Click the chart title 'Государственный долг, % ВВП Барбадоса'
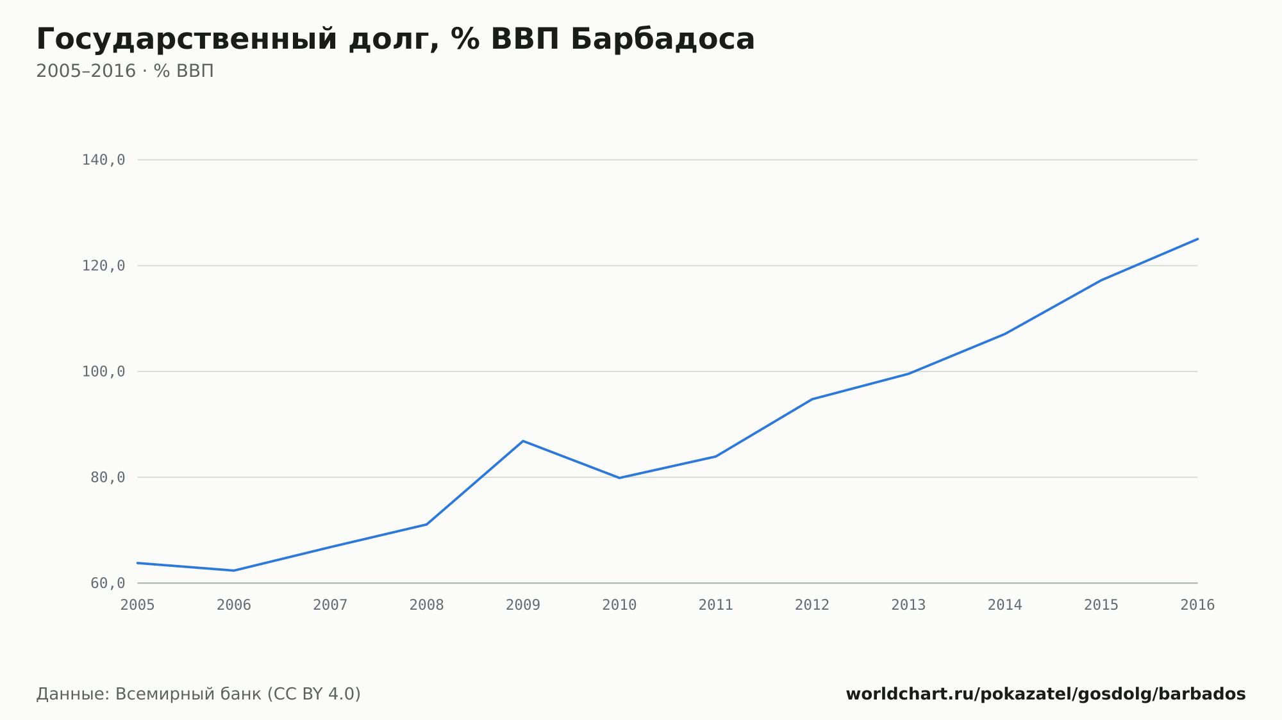pos(395,40)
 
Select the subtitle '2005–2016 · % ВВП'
pos(125,71)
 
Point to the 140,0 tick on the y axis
pos(103,160)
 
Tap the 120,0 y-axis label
pos(103,266)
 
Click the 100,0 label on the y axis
pos(103,372)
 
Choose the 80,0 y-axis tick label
pos(108,477)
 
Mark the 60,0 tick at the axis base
pos(108,583)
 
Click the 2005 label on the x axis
pos(138,605)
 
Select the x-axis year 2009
pos(523,605)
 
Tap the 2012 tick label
pos(812,605)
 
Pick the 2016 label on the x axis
pos(1197,605)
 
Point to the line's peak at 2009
pos(523,441)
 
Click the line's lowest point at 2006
pos(234,570)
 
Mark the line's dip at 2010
pos(619,478)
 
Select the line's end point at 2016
pos(1197,239)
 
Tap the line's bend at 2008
pos(427,524)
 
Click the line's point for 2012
pos(812,399)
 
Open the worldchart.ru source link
pos(1045,694)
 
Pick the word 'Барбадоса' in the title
pos(663,40)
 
